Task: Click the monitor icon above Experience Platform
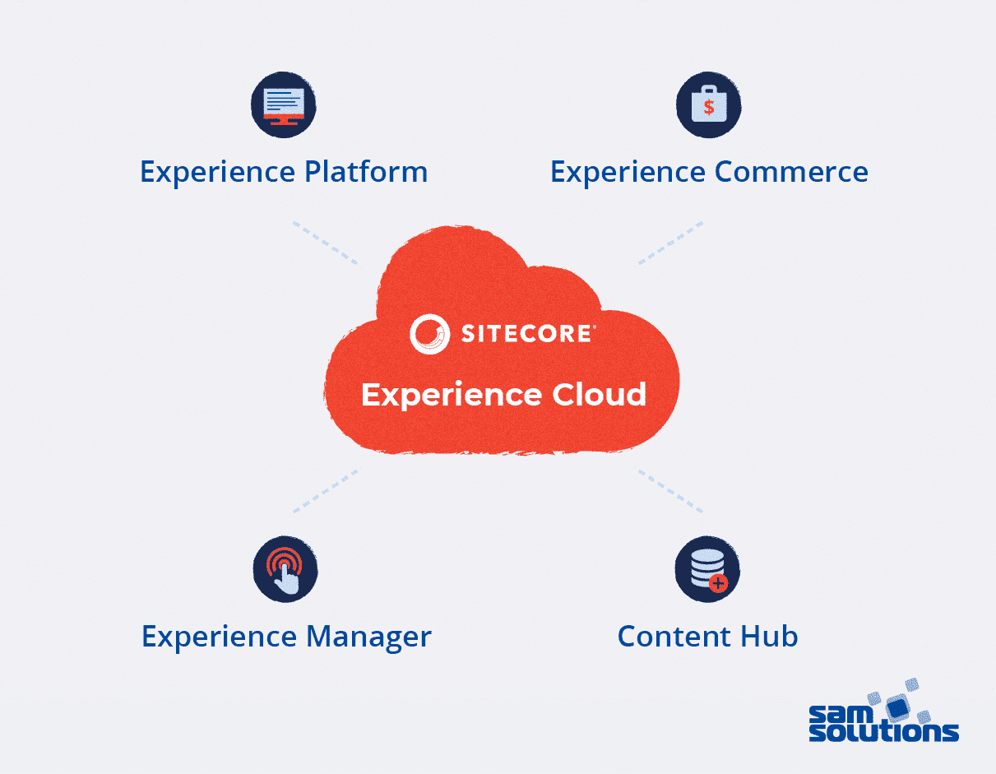284,104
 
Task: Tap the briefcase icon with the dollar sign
708,104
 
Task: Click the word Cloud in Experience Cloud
599,395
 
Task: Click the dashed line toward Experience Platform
326,243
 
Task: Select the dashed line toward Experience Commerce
670,243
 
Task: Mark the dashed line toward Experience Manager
326,491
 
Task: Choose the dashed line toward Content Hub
670,491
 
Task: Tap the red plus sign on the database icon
719,583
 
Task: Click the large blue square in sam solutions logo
898,706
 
